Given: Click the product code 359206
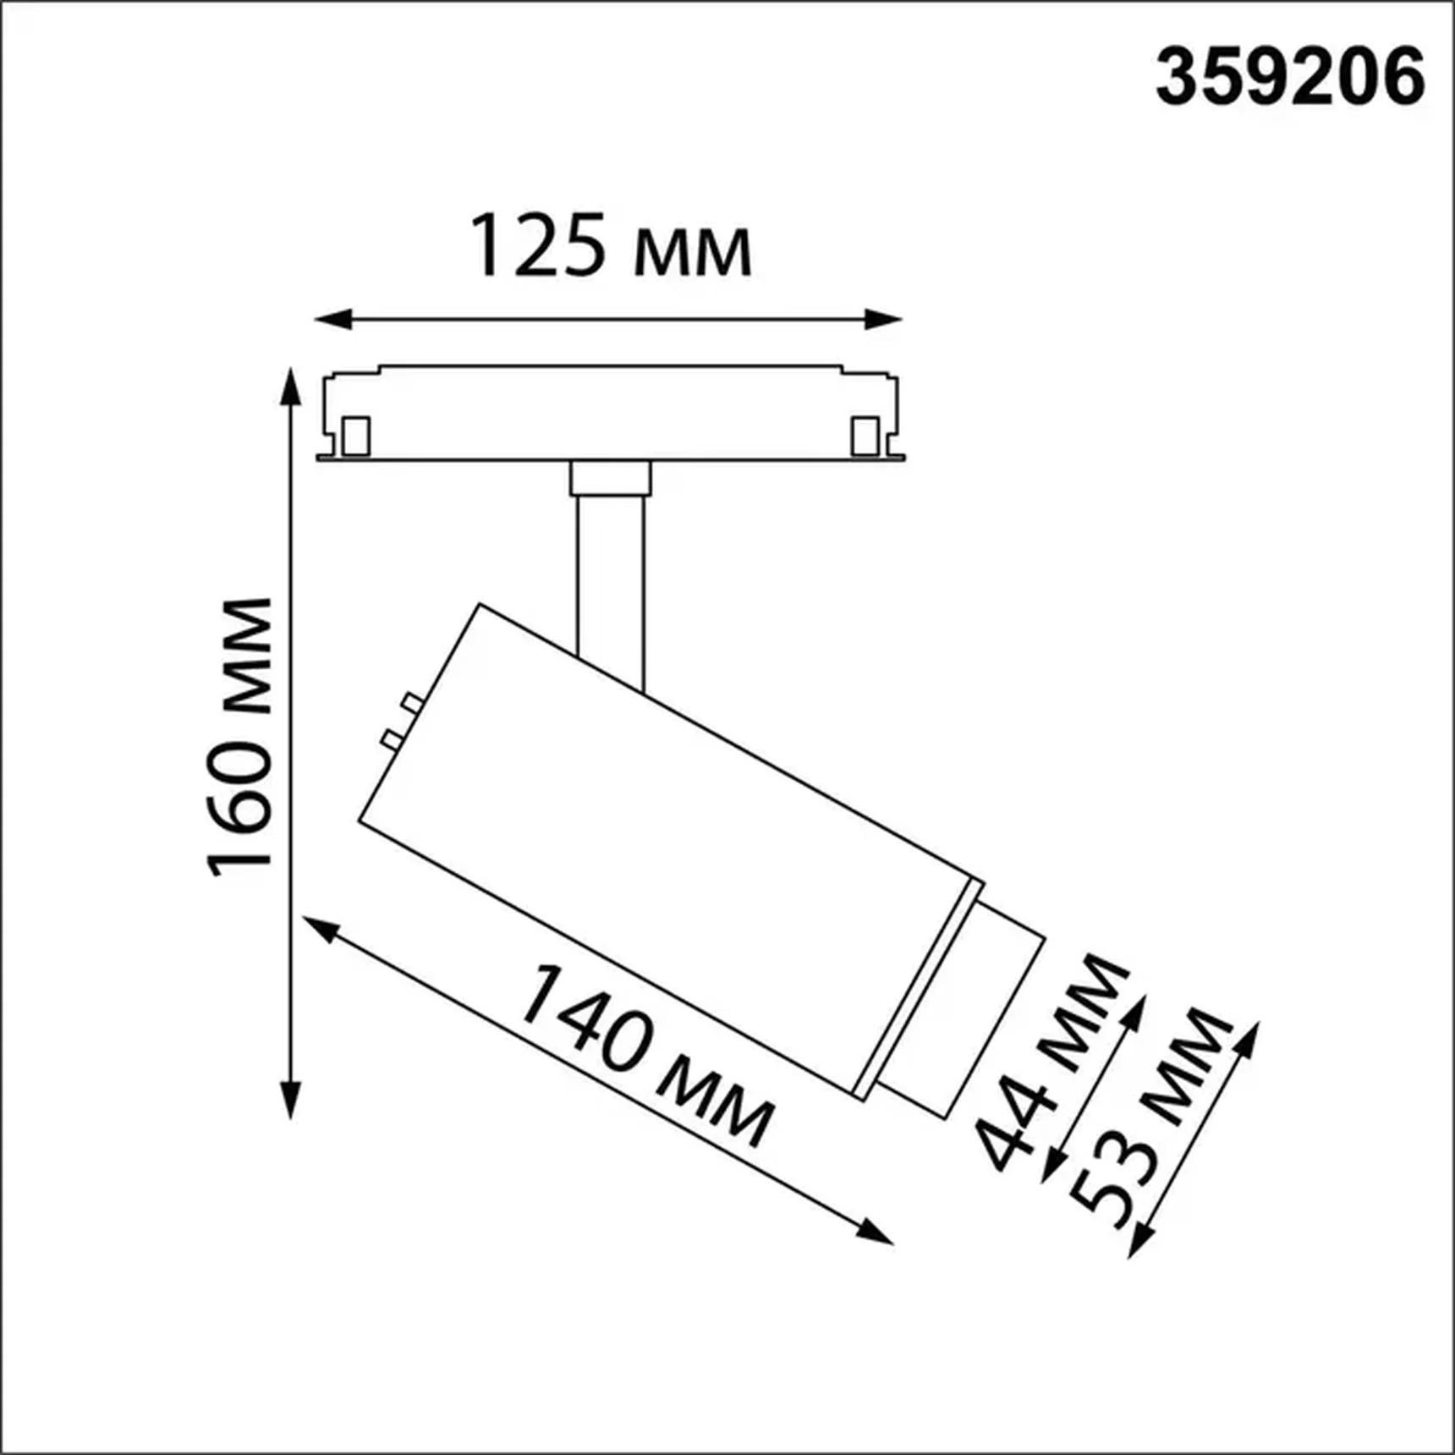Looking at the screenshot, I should (x=1289, y=78).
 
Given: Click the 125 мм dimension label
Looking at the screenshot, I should (x=609, y=246).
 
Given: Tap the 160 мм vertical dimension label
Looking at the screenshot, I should (x=240, y=736).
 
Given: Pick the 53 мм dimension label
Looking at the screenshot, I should (x=1150, y=1117).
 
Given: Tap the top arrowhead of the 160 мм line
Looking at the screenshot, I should (x=290, y=386).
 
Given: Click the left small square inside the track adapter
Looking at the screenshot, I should (x=355, y=436).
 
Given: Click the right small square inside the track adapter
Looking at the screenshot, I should (x=865, y=436).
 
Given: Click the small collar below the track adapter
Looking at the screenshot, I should (x=610, y=478).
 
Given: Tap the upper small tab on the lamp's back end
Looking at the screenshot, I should (x=412, y=703).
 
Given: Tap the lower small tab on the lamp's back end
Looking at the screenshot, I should (x=392, y=739).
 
